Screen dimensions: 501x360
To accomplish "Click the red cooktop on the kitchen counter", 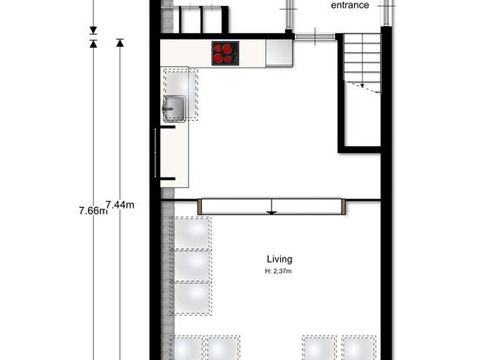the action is pyautogui.click(x=225, y=53).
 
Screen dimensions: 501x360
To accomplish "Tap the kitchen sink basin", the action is pyautogui.click(x=175, y=109).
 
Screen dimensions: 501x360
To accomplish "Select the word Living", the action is pyautogui.click(x=279, y=259).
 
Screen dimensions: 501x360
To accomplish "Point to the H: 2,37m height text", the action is pyautogui.click(x=278, y=271).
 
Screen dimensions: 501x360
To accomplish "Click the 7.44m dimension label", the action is pyautogui.click(x=120, y=204).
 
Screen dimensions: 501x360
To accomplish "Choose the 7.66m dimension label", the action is pyautogui.click(x=93, y=210).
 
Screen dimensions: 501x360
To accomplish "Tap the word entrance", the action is pyautogui.click(x=350, y=5).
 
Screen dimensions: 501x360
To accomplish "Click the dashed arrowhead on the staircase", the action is pyautogui.click(x=363, y=85).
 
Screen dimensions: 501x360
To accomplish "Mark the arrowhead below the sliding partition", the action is pyautogui.click(x=271, y=213).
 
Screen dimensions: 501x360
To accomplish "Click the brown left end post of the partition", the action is pyautogui.click(x=200, y=207).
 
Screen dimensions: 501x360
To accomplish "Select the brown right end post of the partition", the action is pyautogui.click(x=344, y=207).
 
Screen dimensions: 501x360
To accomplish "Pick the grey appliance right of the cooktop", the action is pyautogui.click(x=279, y=53).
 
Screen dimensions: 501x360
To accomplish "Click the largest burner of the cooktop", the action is pyautogui.click(x=227, y=49).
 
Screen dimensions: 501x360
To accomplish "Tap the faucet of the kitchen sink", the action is pyautogui.click(x=167, y=109).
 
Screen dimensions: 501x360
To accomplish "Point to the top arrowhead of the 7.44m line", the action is pyautogui.click(x=120, y=43).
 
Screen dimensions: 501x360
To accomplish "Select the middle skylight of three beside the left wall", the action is pyautogui.click(x=191, y=266).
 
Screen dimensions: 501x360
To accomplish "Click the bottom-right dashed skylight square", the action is pyautogui.click(x=359, y=348).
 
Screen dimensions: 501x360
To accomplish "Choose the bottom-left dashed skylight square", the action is pyautogui.click(x=188, y=348).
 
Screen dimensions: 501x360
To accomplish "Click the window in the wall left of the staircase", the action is pyautogui.click(x=315, y=37).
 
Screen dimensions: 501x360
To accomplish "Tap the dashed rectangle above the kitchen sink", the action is pyautogui.click(x=181, y=94).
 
